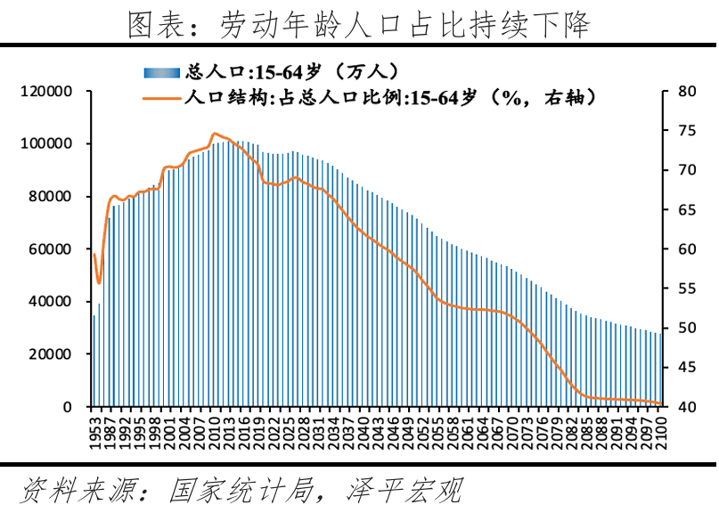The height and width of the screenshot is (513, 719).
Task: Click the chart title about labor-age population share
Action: pos(359,24)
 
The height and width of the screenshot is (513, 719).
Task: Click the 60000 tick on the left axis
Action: pos(49,248)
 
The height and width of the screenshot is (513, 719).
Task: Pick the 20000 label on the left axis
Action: pos(49,354)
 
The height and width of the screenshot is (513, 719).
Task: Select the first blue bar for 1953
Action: pos(94,360)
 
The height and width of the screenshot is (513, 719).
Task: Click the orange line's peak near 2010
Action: pos(215,134)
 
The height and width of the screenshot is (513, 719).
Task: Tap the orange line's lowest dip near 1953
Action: pos(99,282)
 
